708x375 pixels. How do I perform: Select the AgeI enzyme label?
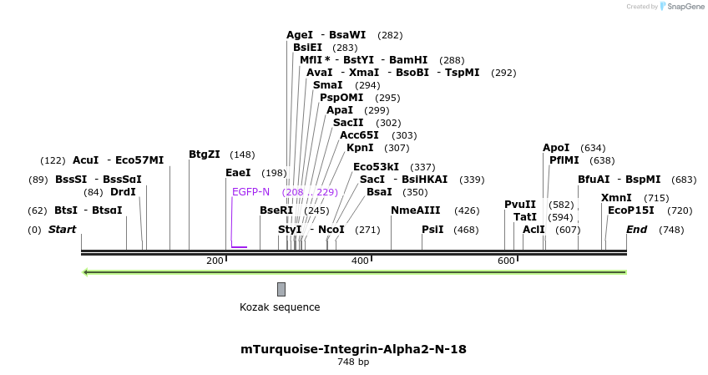(x=300, y=35)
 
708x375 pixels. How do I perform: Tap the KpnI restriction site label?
(x=362, y=148)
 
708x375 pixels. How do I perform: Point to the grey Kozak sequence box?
(x=281, y=289)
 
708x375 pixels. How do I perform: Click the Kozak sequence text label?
(x=280, y=307)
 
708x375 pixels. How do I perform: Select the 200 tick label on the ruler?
(x=215, y=261)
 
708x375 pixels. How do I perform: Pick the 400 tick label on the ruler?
(x=360, y=261)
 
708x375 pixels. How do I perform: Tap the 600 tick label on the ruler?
(x=506, y=261)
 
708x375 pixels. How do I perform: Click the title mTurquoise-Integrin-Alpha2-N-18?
(x=353, y=349)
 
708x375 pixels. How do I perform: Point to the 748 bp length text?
(x=353, y=362)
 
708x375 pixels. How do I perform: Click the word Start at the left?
(x=62, y=230)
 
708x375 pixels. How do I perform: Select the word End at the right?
(x=636, y=230)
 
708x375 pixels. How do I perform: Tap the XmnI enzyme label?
(x=616, y=198)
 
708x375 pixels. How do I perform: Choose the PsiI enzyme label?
(x=432, y=230)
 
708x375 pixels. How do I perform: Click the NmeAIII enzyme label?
(x=416, y=210)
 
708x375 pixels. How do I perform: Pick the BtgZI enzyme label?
(x=205, y=155)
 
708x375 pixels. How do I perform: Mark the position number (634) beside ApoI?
(x=593, y=148)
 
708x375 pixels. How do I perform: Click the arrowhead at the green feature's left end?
(x=85, y=271)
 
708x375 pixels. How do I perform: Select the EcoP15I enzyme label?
(x=631, y=210)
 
